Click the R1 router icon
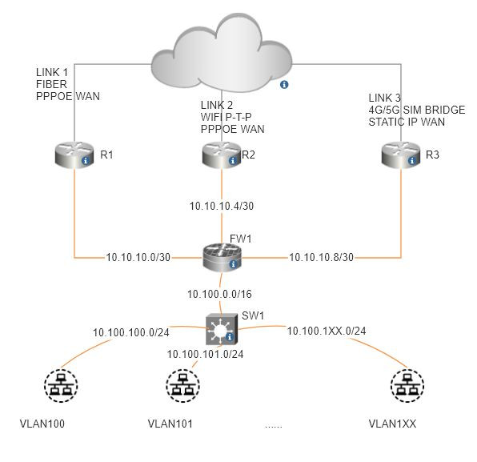(74, 155)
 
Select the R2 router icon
(222, 155)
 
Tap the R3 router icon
(401, 155)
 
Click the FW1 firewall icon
(222, 258)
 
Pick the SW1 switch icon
(221, 329)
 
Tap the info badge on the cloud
(284, 85)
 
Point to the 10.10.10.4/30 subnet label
(222, 206)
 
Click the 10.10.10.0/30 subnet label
(138, 258)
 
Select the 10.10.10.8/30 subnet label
(321, 258)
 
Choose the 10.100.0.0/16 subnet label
(219, 295)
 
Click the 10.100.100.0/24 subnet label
(131, 332)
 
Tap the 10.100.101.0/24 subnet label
(206, 354)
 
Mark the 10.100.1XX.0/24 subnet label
(327, 331)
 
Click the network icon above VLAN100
(61, 386)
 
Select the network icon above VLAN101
(182, 386)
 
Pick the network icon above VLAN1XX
(407, 386)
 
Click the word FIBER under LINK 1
(51, 84)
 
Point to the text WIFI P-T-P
(226, 117)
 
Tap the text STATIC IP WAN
(407, 122)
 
